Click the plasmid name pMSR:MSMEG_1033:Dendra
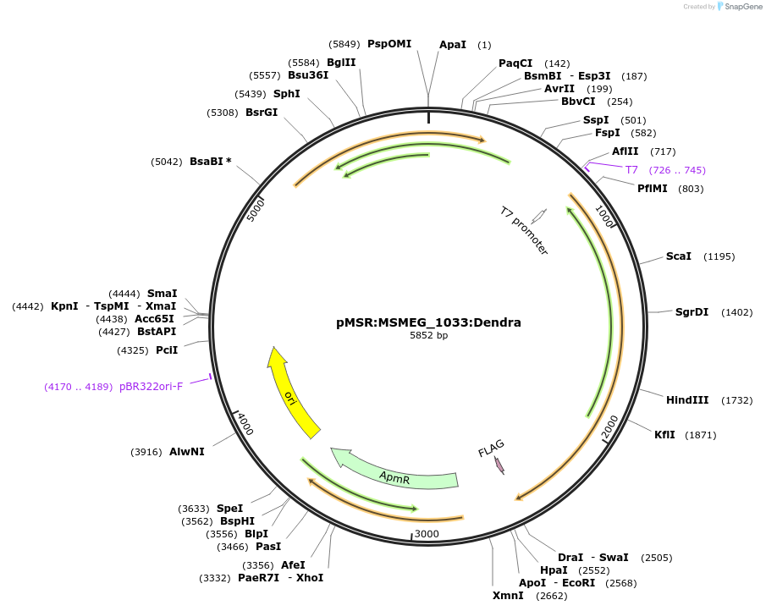coord(428,322)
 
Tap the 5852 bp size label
coord(428,336)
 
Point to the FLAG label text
coord(491,449)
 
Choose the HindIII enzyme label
coord(687,400)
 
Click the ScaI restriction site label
coord(678,256)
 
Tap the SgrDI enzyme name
coord(692,312)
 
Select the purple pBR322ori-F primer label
coord(151,387)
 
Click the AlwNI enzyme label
coord(186,452)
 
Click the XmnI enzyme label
coord(508,596)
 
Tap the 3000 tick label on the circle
coord(427,534)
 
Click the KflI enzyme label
coord(664,435)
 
